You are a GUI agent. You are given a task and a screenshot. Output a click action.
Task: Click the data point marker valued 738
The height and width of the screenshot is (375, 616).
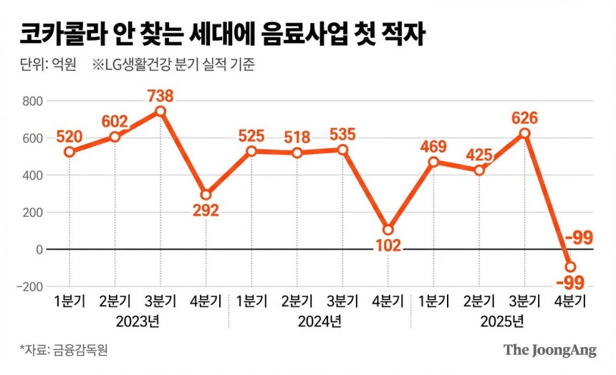pos(160,111)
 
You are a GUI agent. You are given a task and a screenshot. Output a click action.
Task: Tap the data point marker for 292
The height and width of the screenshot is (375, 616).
pos(206,195)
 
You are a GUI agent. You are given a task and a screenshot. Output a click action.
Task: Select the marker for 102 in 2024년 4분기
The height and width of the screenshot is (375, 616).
pos(388,230)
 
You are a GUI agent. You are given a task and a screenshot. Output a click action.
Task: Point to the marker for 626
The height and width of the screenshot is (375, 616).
pos(525,133)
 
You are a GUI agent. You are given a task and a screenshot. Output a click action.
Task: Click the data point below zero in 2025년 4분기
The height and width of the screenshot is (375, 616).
pos(571,267)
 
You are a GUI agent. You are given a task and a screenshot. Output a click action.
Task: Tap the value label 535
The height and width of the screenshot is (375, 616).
pos(343,134)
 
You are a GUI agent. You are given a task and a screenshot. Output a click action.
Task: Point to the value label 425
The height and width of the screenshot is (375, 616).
pos(478,155)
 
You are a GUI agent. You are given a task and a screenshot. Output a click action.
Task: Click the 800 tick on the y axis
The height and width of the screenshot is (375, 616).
pos(32,101)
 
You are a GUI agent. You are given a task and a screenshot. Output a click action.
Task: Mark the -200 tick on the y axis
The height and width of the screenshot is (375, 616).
pos(29,287)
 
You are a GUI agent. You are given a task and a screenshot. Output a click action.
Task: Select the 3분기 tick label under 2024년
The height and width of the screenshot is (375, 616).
pos(342,299)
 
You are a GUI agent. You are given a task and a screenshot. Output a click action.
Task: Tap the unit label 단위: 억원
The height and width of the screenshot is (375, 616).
pos(48,66)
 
